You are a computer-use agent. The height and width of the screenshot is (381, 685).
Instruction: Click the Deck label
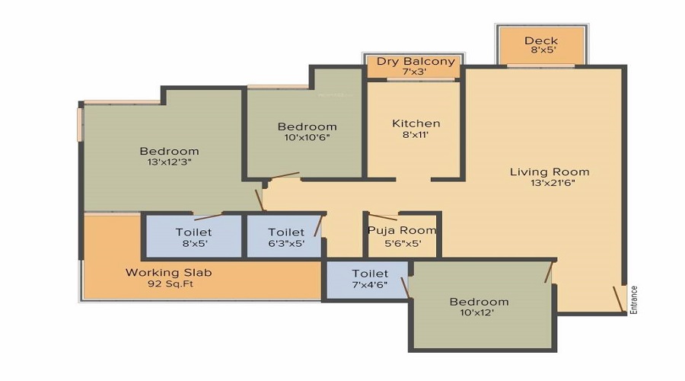click(541, 41)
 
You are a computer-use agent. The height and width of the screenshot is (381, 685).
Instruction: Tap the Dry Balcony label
click(415, 61)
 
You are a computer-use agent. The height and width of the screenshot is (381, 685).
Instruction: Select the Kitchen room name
click(416, 123)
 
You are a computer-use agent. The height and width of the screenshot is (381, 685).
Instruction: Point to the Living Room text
click(550, 171)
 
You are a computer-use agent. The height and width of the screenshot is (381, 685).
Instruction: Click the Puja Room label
click(402, 230)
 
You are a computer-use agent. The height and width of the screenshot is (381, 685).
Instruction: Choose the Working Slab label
click(169, 272)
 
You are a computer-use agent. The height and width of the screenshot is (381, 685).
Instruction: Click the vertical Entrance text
click(633, 300)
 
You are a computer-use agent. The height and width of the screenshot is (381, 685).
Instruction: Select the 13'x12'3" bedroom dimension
click(169, 162)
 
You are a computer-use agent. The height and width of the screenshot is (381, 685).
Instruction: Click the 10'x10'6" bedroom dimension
click(307, 138)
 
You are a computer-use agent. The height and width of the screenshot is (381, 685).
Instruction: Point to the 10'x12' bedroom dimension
click(478, 313)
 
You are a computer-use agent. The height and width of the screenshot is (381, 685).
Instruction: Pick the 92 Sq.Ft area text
click(169, 284)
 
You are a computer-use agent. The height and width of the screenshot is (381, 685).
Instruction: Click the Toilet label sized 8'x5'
click(193, 232)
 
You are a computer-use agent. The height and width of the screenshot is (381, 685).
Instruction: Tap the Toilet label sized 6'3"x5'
click(286, 232)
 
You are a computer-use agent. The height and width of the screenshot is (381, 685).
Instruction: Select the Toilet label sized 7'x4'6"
click(370, 274)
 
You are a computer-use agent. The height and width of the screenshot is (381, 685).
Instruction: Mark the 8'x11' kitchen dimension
click(416, 136)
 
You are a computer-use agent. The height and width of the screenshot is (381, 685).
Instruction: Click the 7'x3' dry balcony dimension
click(415, 72)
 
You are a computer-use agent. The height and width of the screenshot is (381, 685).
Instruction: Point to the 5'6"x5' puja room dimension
click(402, 243)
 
